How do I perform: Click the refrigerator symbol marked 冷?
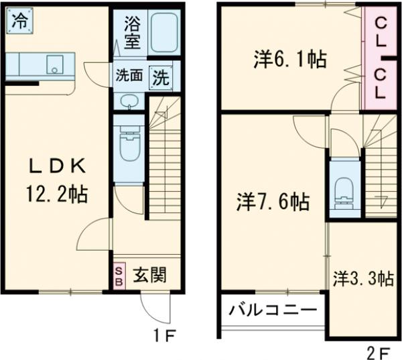click(x=20, y=20)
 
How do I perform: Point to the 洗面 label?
click(x=129, y=76)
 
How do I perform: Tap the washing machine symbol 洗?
click(x=161, y=76)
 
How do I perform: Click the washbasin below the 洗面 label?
click(x=129, y=101)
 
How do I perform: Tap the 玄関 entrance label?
click(x=149, y=274)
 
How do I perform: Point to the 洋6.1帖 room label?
click(x=289, y=60)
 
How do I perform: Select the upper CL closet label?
click(x=381, y=32)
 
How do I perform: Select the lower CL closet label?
click(x=381, y=82)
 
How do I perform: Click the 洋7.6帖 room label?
click(x=273, y=201)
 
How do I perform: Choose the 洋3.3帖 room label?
click(x=363, y=278)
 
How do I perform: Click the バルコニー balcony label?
click(x=272, y=310)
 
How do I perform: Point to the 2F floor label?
click(x=378, y=351)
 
